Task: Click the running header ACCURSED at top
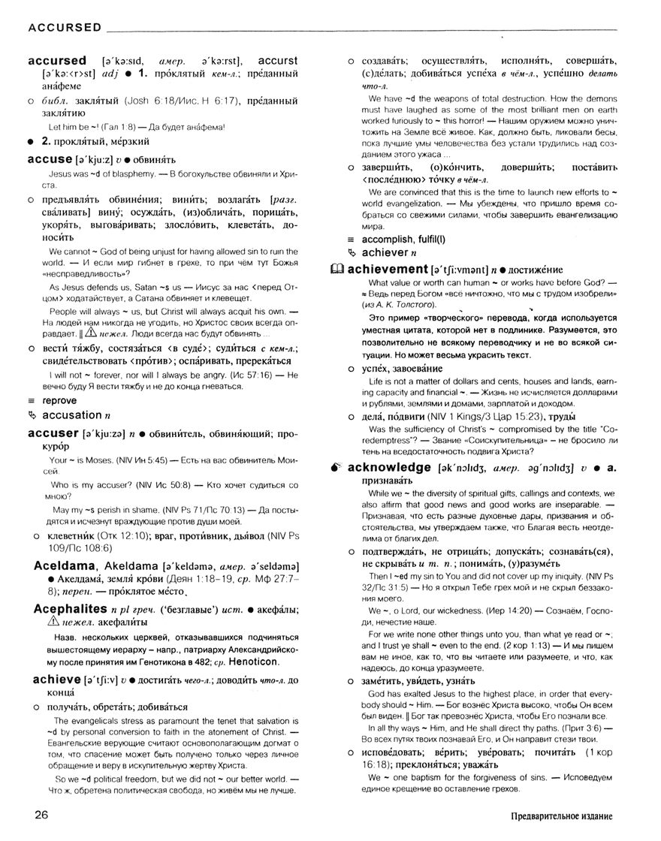65,28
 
